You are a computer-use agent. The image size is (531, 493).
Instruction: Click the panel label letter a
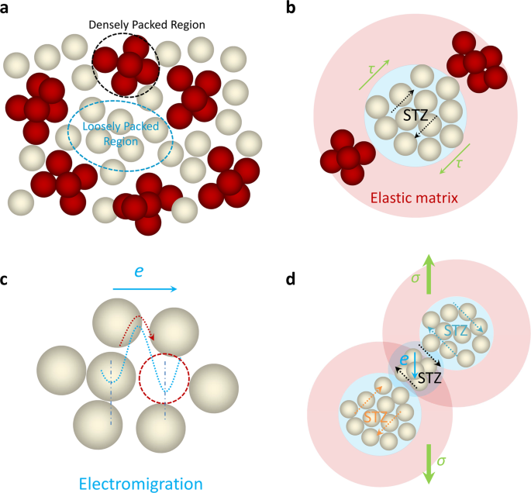[x=7, y=9]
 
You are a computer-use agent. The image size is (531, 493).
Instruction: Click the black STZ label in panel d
[x=430, y=379]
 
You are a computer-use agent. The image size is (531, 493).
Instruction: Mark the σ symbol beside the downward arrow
[x=441, y=460]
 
